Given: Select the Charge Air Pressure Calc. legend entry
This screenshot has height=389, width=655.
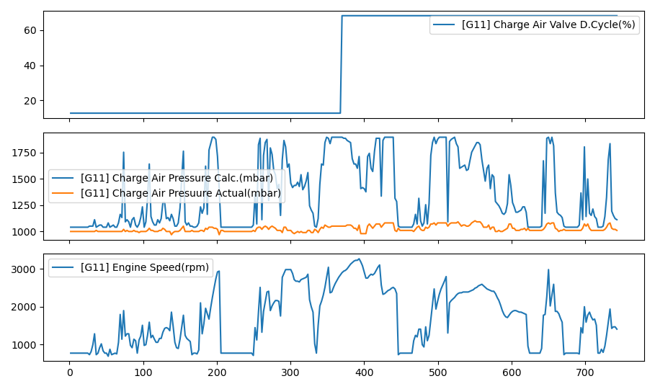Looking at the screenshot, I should click(x=177, y=178).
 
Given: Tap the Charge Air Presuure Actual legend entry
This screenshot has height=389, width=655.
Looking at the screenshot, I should click(x=182, y=194).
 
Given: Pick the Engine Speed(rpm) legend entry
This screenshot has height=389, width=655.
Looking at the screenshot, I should click(x=145, y=268).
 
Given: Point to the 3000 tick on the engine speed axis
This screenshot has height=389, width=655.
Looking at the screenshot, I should click(x=25, y=269).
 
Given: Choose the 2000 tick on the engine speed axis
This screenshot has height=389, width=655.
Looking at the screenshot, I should click(x=25, y=307).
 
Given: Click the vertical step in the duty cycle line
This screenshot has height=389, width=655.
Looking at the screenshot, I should click(x=341, y=65).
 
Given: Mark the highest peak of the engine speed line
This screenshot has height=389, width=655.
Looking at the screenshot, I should click(x=359, y=259).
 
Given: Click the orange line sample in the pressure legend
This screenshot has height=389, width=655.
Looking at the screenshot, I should click(x=63, y=194).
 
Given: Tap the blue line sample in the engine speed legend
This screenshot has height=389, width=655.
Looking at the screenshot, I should click(x=63, y=268).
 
